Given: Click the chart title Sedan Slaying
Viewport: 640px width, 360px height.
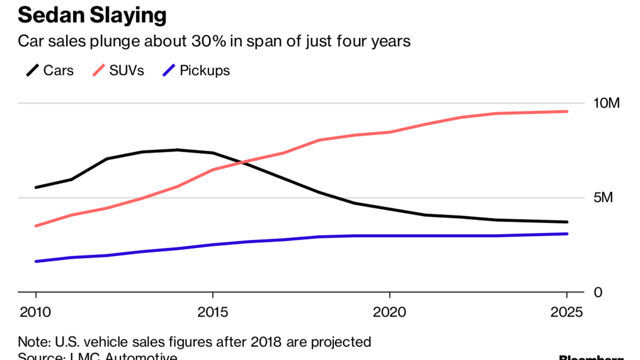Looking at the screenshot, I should [92, 15].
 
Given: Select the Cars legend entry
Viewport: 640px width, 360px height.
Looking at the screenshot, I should [58, 70].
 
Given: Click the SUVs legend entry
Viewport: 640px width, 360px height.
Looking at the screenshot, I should [126, 70].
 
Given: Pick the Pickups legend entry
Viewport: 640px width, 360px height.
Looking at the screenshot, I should [204, 70].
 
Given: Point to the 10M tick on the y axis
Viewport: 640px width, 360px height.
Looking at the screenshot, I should [606, 103].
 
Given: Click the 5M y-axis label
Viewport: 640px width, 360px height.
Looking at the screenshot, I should [602, 198].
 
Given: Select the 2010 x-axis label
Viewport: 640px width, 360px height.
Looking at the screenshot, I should [35, 312].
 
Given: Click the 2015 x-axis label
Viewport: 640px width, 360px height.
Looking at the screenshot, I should [212, 312].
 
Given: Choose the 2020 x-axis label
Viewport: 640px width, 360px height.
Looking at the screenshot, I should [389, 312].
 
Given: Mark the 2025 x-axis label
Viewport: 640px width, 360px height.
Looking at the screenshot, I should [566, 312].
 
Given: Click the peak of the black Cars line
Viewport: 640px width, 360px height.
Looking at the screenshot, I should [177, 149].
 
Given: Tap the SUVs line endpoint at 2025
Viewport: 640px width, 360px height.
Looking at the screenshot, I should [567, 111].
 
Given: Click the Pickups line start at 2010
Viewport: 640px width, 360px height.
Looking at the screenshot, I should [35, 261].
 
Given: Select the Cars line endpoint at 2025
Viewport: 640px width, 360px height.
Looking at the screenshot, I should [567, 222].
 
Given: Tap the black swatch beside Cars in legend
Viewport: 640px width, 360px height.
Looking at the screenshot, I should [32, 70].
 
